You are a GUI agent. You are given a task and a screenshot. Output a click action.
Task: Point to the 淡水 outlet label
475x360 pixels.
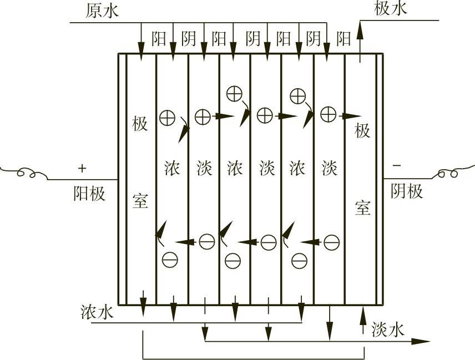point(388,329)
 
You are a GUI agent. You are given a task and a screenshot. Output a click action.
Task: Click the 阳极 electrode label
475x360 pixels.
point(89,193)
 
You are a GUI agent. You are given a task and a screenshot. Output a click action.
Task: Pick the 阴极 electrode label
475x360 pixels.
point(407,191)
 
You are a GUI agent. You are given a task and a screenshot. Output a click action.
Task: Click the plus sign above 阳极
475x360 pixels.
point(83,167)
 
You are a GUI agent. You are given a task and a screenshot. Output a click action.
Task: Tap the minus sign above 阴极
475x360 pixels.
point(396,165)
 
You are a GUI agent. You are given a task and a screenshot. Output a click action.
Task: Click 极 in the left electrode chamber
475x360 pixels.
point(140,124)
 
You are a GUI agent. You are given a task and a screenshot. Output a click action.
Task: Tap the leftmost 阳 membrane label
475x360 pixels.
point(159,39)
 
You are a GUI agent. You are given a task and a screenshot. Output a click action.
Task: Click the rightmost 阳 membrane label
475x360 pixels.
point(344,39)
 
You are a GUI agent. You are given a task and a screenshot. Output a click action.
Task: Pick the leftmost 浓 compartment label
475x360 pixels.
point(172,168)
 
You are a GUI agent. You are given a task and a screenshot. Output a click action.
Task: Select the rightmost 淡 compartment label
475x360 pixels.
point(330,168)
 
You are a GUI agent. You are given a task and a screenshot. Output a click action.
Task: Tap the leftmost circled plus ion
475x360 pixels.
point(167,117)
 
